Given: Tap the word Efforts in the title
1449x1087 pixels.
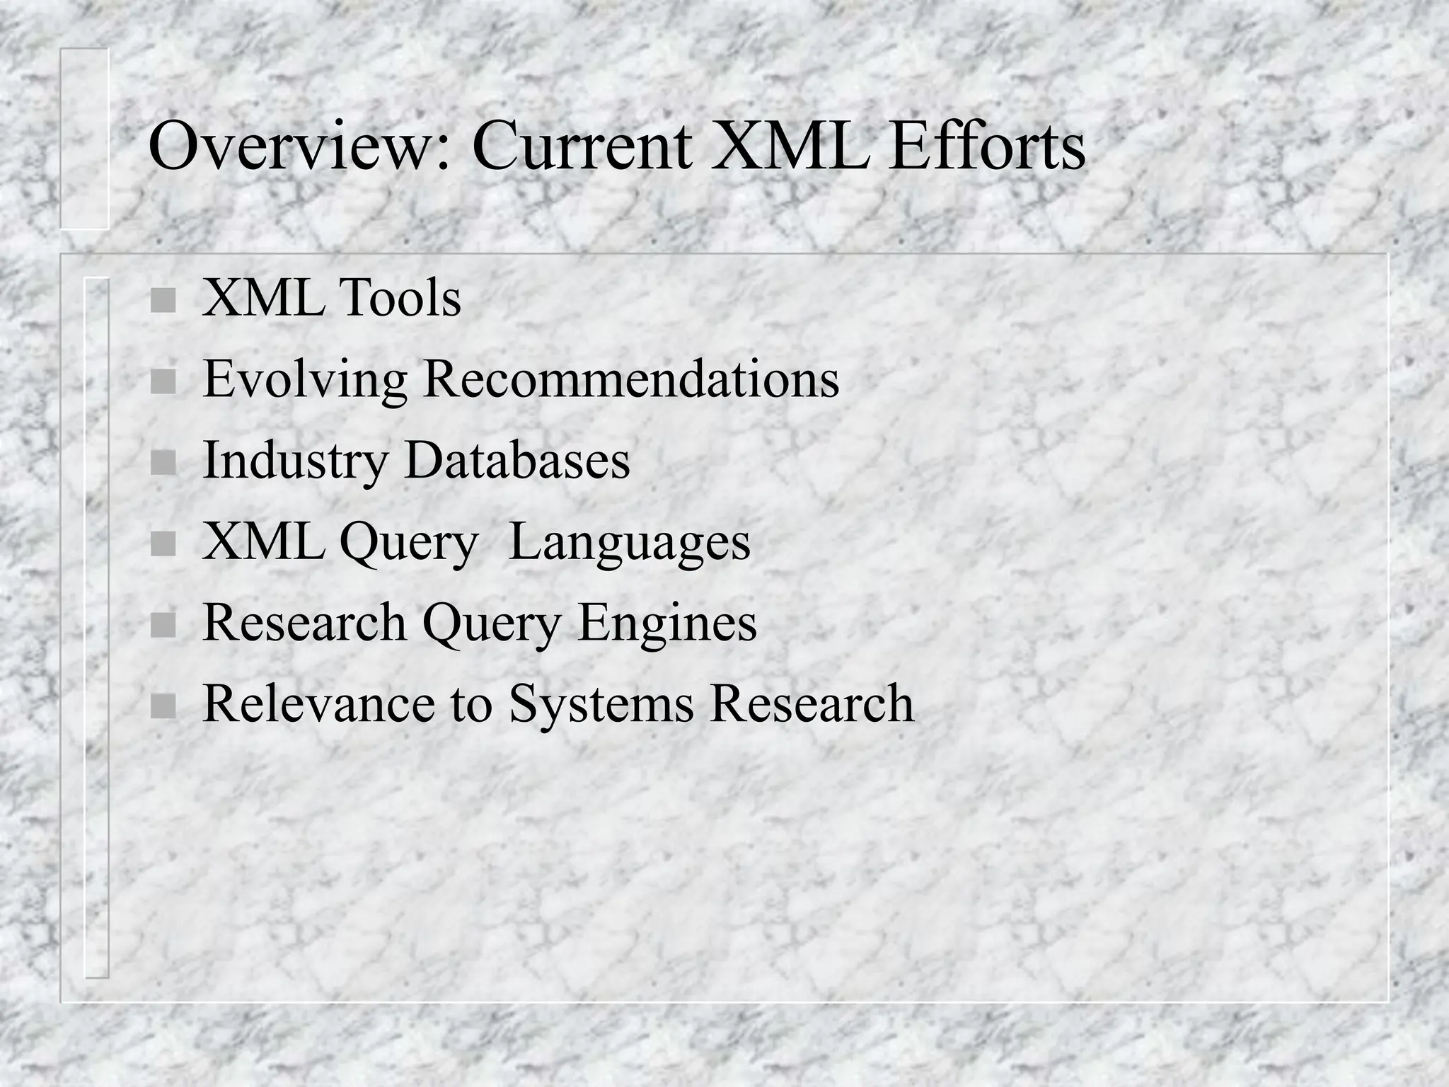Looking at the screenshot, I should point(987,146).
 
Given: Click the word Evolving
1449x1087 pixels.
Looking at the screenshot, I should point(305,380).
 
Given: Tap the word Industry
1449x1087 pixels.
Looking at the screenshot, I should point(296,461).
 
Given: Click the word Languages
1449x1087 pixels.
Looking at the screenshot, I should point(629,543).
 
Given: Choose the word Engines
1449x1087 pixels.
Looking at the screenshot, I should point(667,624).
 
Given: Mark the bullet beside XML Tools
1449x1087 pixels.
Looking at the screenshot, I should point(163,301).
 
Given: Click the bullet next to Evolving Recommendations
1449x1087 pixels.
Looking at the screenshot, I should point(163,382).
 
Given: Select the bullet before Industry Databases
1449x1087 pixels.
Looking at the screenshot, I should point(163,464).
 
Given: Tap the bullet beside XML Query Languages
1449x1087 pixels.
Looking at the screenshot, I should point(163,544).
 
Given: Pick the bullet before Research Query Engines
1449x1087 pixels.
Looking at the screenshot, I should point(163,625).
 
